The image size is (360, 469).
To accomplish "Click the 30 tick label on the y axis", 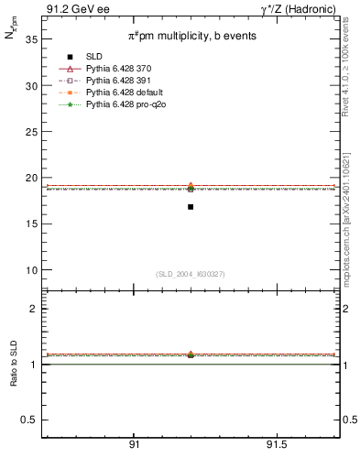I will [30, 85].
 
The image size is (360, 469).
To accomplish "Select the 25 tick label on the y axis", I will [30, 132].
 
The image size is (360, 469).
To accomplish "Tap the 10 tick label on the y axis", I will [30, 270].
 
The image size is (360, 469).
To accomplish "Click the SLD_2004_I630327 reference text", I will [190, 274].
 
